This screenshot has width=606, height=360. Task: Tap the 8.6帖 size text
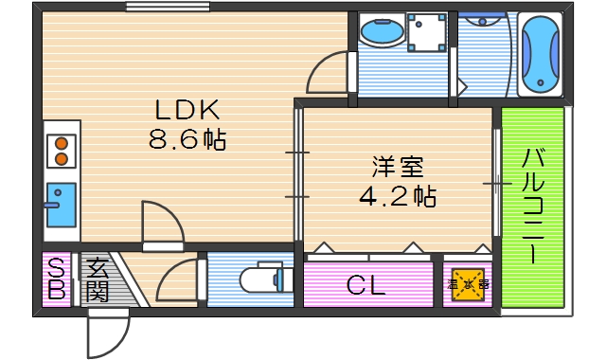[187, 142]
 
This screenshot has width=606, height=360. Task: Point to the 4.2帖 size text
[398, 197]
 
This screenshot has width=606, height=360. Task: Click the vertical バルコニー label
[532, 207]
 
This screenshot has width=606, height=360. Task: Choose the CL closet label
[365, 285]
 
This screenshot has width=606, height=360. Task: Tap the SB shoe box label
[56, 279]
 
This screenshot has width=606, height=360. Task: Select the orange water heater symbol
[469, 283]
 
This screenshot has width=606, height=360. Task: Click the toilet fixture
[259, 280]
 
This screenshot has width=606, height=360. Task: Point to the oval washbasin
[382, 35]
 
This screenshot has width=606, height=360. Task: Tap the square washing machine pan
[426, 33]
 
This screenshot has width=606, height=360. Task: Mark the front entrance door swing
[106, 328]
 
